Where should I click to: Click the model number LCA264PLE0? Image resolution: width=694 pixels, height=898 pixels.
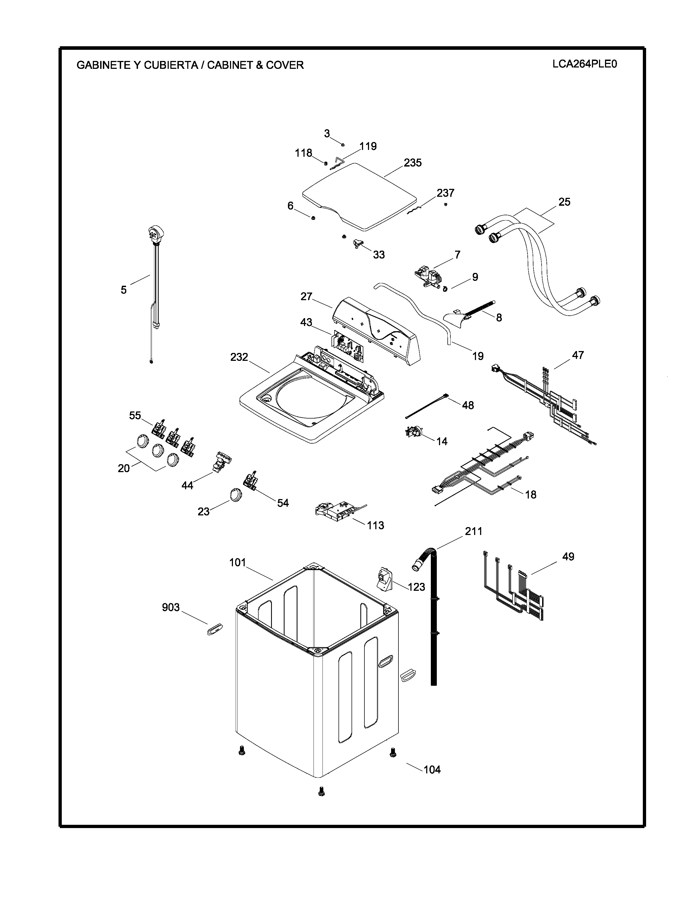pyautogui.click(x=585, y=64)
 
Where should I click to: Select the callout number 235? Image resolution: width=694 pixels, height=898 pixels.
pyautogui.click(x=412, y=163)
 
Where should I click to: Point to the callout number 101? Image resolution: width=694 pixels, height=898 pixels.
pyautogui.click(x=238, y=562)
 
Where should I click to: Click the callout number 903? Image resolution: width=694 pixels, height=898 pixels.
pyautogui.click(x=171, y=607)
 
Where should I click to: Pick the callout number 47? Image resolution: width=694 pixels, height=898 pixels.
pyautogui.click(x=578, y=355)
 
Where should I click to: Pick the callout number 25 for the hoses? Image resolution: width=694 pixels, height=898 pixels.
pyautogui.click(x=564, y=202)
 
